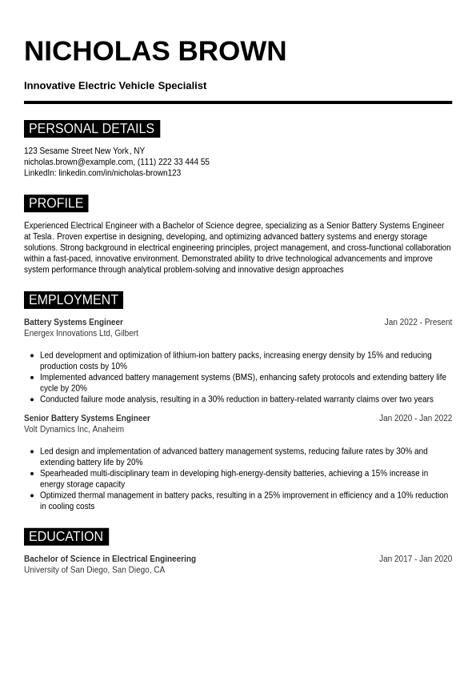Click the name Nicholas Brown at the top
(x=154, y=51)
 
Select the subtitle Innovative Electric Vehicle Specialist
(x=115, y=86)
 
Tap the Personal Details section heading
(x=91, y=129)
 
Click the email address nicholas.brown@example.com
(x=78, y=162)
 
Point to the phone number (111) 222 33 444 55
(x=174, y=162)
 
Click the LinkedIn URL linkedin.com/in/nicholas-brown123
(x=119, y=173)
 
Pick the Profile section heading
(x=56, y=203)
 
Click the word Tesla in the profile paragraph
(x=42, y=237)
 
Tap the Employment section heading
(x=74, y=300)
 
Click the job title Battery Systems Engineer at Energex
(x=74, y=322)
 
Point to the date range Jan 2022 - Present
(x=418, y=322)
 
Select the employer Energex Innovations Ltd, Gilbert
(x=81, y=334)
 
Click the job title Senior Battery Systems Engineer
(x=87, y=419)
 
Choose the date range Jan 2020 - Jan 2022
(x=415, y=419)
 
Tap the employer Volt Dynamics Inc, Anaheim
(x=74, y=430)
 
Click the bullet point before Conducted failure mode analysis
(x=32, y=399)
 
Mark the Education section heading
(x=66, y=537)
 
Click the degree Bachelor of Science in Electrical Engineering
(x=110, y=559)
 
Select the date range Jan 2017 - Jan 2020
(x=415, y=559)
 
